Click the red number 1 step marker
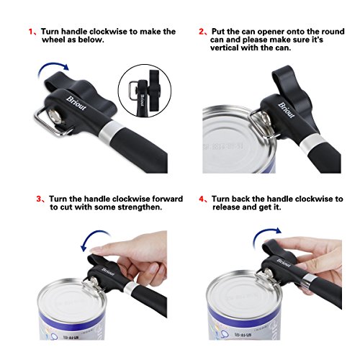[x=31, y=32]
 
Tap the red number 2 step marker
[x=201, y=32]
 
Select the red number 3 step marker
[x=39, y=199]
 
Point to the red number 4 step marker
[x=201, y=199]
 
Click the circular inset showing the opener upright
[x=145, y=91]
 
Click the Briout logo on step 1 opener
[x=76, y=103]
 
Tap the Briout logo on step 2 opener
[x=287, y=110]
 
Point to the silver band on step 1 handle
[x=112, y=132]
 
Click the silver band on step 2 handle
[x=310, y=143]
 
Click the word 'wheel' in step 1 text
[x=53, y=40]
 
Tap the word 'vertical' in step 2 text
[x=225, y=48]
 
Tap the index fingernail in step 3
[x=96, y=250]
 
